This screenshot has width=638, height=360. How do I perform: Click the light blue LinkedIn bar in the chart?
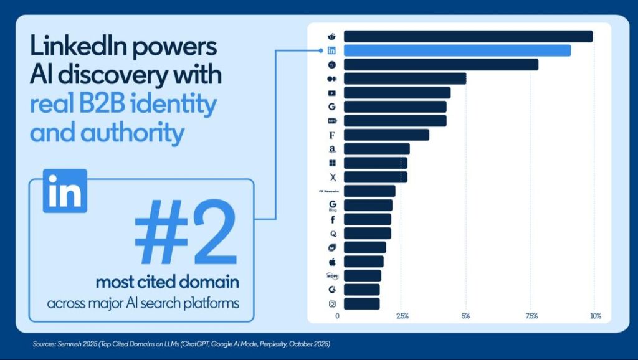457,50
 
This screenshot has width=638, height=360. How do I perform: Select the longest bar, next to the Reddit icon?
468,36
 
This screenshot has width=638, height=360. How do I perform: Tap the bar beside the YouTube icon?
397,93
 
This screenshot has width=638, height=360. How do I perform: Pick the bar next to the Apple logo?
363,262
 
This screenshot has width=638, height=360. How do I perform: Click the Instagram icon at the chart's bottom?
332,304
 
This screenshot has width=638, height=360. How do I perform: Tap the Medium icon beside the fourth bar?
332,79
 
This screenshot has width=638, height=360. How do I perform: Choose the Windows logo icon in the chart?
332,163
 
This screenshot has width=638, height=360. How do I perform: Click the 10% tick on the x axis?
594,316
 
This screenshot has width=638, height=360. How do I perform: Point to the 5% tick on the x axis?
465,316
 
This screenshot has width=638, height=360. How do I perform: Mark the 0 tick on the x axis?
338,316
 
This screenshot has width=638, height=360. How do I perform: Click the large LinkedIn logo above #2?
65,191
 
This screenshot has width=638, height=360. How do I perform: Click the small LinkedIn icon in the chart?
332,50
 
